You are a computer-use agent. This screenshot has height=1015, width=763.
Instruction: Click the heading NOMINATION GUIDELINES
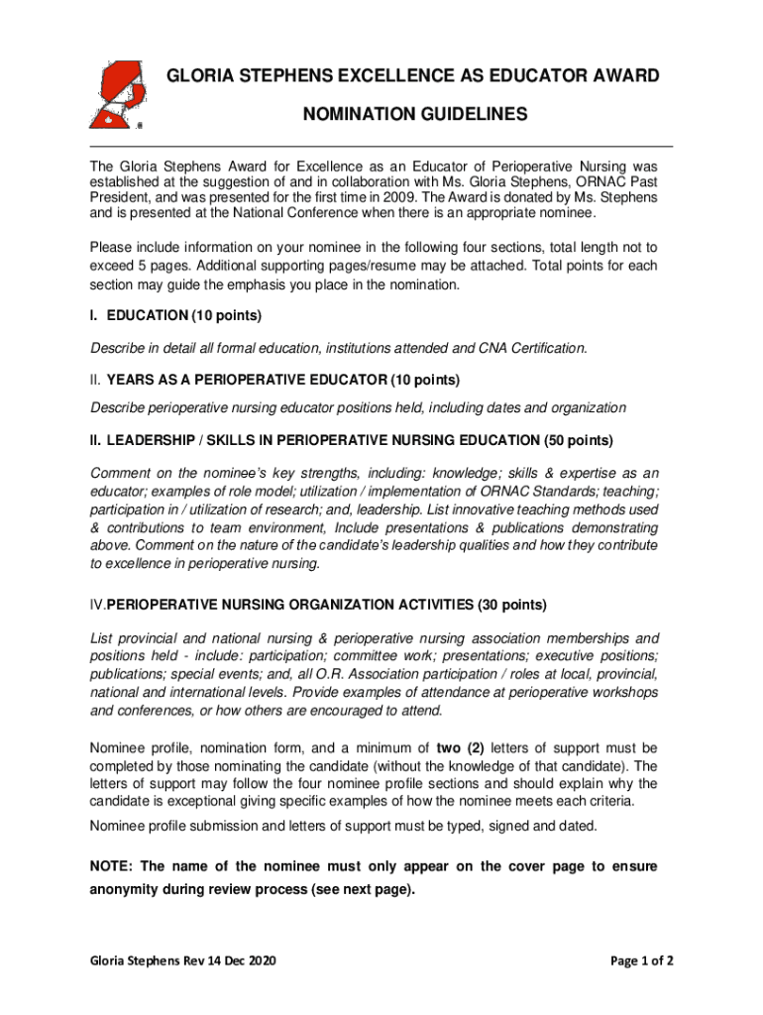tap(415, 116)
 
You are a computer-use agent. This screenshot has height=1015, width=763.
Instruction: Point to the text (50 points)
tap(579, 440)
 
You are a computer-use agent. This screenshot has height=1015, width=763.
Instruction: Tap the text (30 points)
tap(511, 605)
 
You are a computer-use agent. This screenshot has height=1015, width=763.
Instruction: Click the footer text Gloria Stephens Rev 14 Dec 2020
tap(183, 961)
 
